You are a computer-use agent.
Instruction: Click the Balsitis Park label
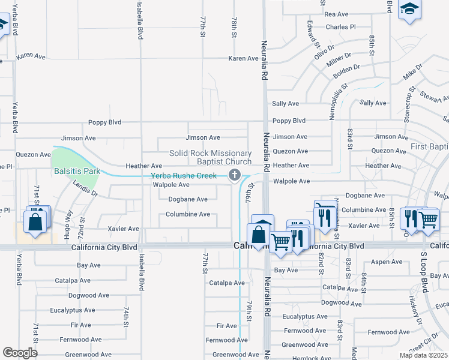pos(77,171)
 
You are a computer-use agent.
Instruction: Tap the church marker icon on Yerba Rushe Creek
pos(235,175)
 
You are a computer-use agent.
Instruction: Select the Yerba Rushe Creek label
pos(183,175)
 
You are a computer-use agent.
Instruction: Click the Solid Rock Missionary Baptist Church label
pos(210,157)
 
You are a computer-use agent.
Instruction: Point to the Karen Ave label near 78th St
pos(243,58)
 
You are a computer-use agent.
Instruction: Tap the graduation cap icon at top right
pos(410,9)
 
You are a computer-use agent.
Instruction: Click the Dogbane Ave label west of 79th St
pos(188,199)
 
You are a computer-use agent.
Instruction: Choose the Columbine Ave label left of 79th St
pos(188,214)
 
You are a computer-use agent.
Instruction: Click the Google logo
pos(20,353)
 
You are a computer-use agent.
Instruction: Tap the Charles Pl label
pos(340,27)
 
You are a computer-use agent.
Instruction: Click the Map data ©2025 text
pos(424,355)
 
